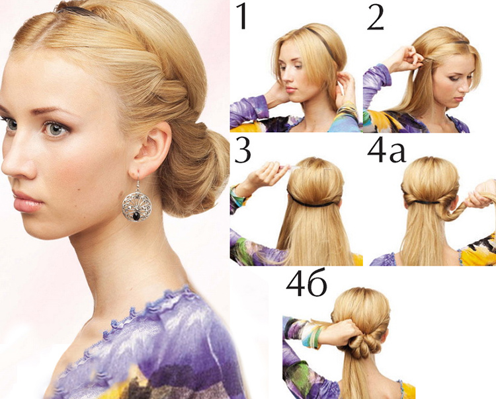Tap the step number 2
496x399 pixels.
tap(376, 18)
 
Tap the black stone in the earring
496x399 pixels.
tap(137, 217)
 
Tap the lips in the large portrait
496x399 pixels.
tap(28, 202)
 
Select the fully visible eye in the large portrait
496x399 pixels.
tap(56, 129)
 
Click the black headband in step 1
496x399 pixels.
tap(321, 43)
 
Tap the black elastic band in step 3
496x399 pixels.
tap(313, 201)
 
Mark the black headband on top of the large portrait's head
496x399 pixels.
tap(77, 11)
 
